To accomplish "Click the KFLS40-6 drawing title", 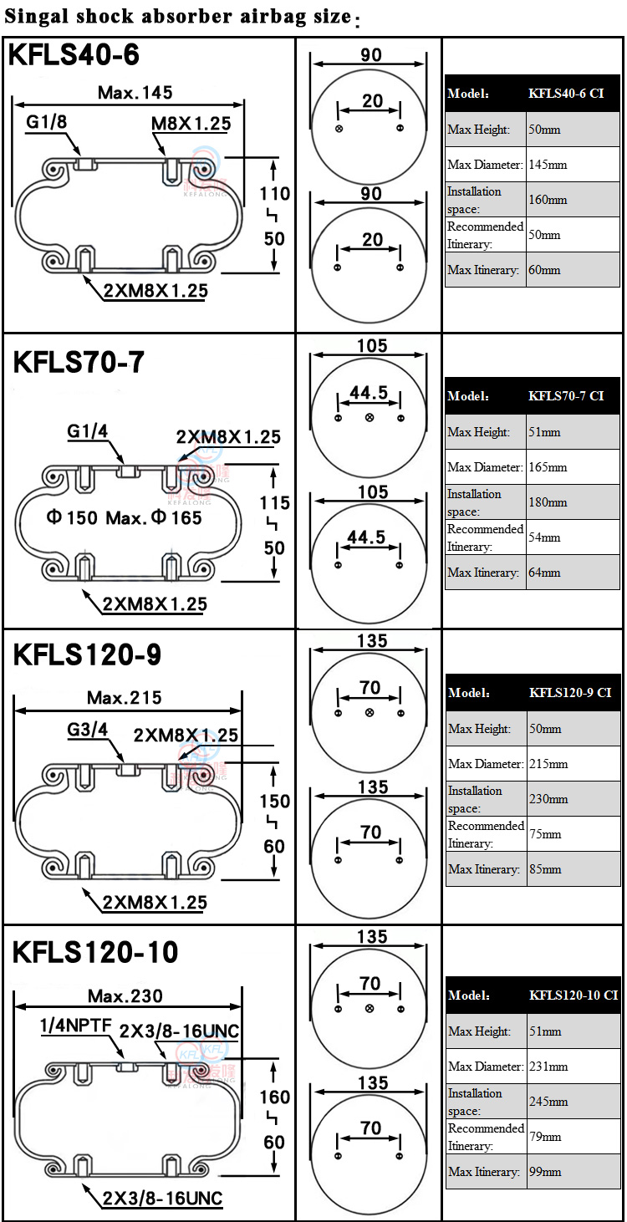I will pos(74,56).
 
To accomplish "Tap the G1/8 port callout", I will pos(46,123).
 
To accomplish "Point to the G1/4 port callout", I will pos(89,432).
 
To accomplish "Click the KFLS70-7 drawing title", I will pos(79,362).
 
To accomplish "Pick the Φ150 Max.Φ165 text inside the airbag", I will pos(124,517).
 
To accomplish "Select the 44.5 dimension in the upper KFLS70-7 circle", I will pos(369,392).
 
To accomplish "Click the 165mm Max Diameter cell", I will pos(573,467).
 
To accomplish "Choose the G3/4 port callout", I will pos(88,729).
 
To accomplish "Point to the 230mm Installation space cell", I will pos(573,799).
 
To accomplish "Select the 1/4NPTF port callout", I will pos(75,1026).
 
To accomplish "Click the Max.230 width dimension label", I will pos(125,995).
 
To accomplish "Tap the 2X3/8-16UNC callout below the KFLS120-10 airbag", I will pos(162,1199).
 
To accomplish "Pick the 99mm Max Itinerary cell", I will pos(573,1172).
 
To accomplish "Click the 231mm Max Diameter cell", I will pos(573,1067).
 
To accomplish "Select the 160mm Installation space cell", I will pos(573,200).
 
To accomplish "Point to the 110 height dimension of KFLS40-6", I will pos(274,194).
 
